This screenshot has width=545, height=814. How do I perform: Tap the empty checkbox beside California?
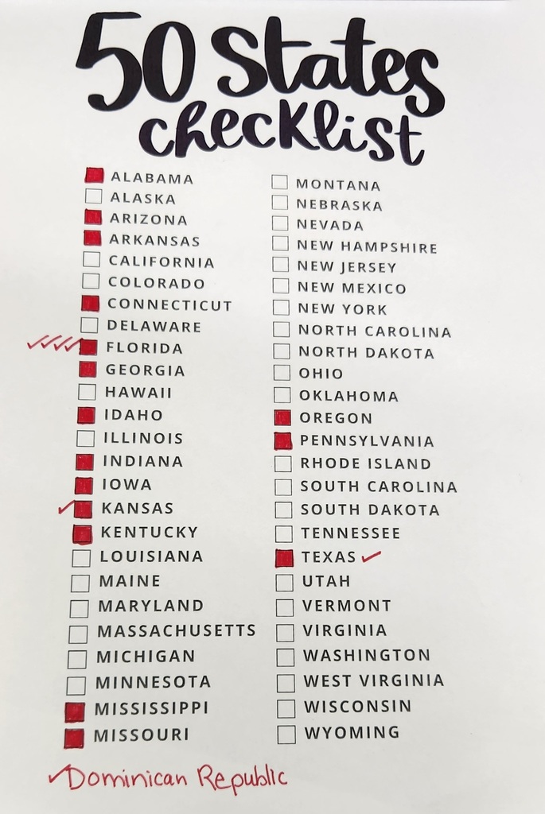pos(91,260)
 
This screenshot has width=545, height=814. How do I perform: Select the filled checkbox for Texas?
pos(284,558)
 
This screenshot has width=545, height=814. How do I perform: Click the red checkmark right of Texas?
pos(371,556)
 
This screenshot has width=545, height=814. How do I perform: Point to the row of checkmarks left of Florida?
pos(54,344)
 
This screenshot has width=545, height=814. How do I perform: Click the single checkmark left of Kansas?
pos(66,506)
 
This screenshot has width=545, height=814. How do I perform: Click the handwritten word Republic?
pos(242,777)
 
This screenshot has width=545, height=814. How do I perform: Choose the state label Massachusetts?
pos(176,631)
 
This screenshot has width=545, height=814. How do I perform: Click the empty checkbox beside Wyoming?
pos(286,734)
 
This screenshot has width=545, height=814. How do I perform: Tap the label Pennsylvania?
pos(367,441)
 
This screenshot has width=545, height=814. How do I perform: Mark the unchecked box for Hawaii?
pos(88,392)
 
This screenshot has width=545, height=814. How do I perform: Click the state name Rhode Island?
pos(365,463)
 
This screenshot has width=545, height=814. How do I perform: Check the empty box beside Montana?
pos(279,182)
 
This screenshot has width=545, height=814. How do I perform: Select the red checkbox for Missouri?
pos(73,738)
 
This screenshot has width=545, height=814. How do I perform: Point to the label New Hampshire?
pos(367,247)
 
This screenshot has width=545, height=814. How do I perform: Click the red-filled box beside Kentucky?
pos(82,533)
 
